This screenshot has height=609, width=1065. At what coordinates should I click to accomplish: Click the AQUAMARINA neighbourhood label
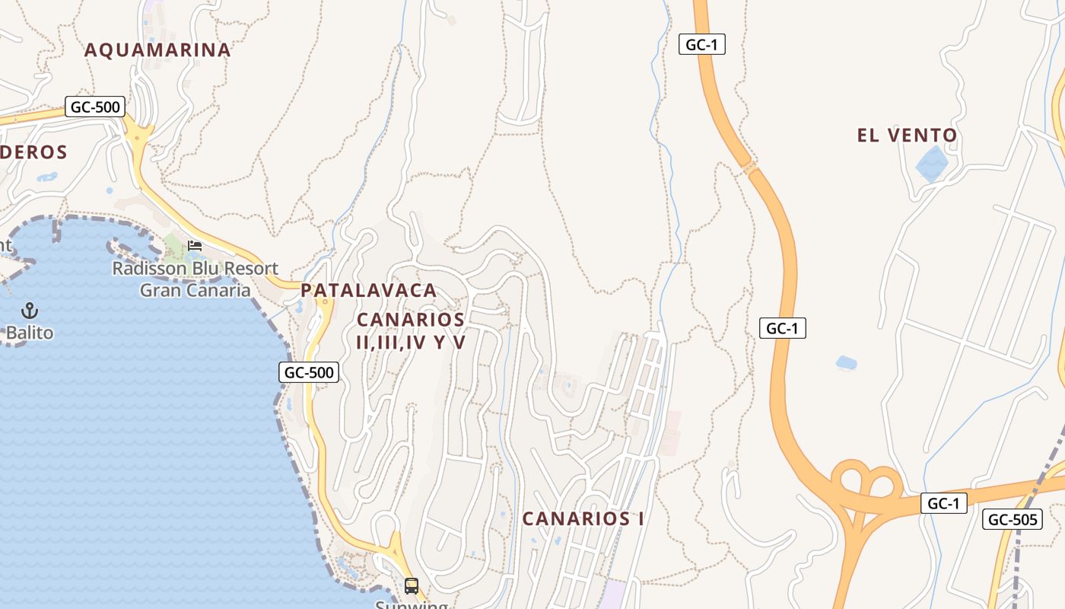(x=157, y=50)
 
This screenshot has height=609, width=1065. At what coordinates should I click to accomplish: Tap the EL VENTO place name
(x=907, y=136)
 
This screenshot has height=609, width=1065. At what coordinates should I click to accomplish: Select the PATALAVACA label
(x=369, y=290)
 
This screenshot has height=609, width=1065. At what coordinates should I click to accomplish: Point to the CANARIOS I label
(x=583, y=518)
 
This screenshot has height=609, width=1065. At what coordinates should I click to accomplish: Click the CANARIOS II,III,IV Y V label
(x=411, y=330)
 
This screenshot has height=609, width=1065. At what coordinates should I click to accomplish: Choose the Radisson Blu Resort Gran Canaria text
(x=196, y=279)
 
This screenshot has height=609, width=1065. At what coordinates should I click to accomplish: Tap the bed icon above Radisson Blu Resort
(x=195, y=246)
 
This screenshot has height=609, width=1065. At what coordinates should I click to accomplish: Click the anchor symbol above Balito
(x=30, y=310)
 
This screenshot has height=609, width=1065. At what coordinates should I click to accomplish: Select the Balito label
(x=30, y=333)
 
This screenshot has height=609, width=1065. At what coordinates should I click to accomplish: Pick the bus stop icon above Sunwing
(x=412, y=586)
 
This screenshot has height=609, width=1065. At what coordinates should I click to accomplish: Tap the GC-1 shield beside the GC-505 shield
(x=943, y=503)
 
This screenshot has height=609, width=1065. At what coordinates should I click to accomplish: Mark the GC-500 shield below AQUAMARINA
(x=95, y=107)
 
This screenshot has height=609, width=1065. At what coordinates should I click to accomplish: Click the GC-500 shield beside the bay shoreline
(x=309, y=372)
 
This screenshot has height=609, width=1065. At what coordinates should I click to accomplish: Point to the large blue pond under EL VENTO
(x=932, y=162)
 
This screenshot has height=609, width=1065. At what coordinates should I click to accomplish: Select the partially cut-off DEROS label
(x=33, y=152)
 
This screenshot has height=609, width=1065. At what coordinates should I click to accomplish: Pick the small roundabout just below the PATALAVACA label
(x=325, y=303)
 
